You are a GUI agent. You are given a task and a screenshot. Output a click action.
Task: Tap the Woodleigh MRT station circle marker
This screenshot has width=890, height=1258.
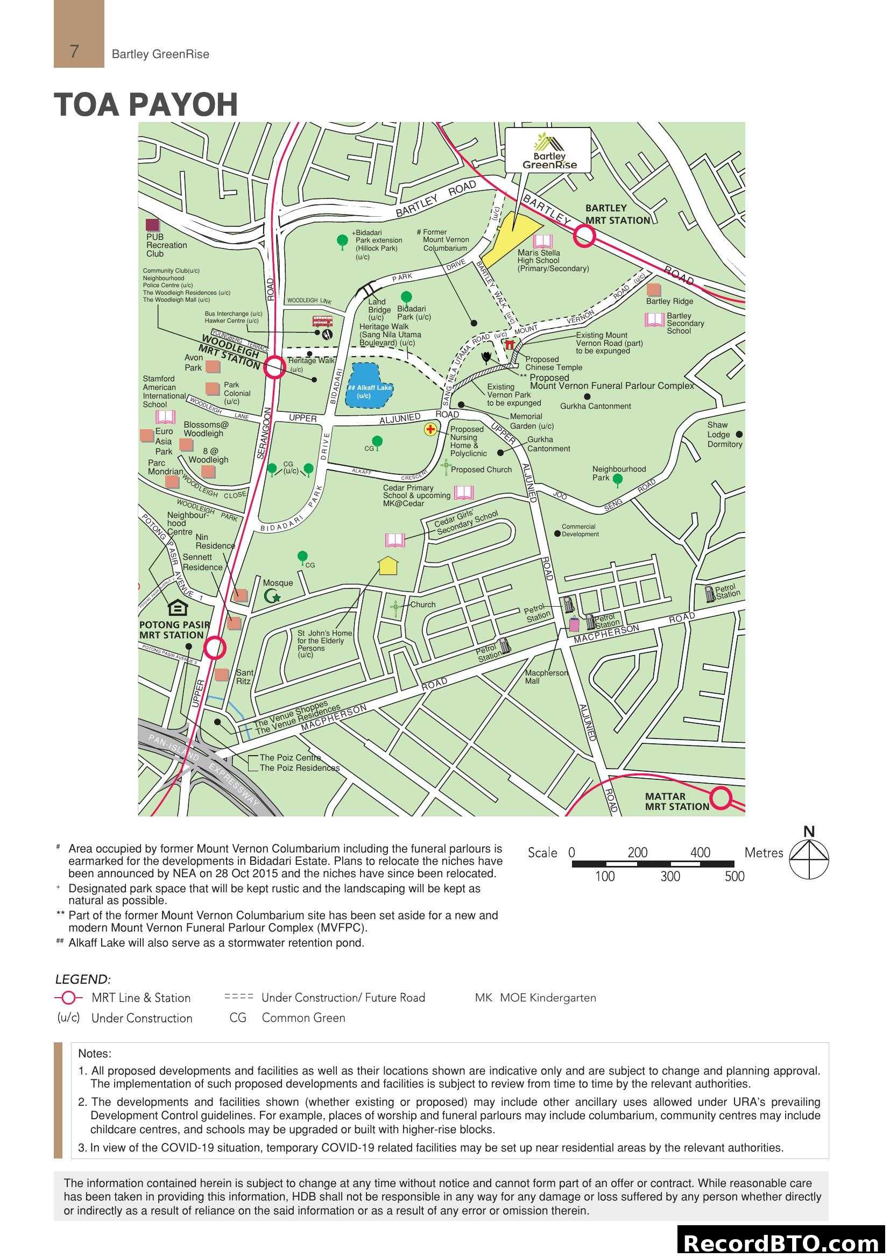pyautogui.click(x=274, y=368)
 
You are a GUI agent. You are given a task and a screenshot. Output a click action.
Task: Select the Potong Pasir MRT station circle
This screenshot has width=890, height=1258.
pyautogui.click(x=215, y=648)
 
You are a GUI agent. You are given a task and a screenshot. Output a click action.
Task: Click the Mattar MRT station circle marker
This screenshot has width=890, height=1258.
pyautogui.click(x=722, y=798)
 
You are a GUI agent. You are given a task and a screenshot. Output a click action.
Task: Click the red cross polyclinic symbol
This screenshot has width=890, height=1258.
pyautogui.click(x=430, y=430)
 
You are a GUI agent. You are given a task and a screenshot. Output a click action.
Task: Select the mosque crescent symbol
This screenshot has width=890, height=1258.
pyautogui.click(x=271, y=595)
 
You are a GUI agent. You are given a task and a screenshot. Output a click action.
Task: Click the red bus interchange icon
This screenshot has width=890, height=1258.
pyautogui.click(x=322, y=321)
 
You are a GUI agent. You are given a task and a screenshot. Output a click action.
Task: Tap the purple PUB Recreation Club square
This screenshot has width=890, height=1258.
pyautogui.click(x=152, y=225)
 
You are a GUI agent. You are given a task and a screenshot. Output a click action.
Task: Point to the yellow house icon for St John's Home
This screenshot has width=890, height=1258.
pyautogui.click(x=388, y=565)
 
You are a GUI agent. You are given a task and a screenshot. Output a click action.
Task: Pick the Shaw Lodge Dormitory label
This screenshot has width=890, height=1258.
pyautogui.click(x=724, y=434)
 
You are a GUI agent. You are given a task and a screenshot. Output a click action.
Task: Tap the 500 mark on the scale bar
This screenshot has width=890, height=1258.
pyautogui.click(x=734, y=877)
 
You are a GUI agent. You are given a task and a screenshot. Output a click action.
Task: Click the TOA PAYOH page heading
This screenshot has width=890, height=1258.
pyautogui.click(x=146, y=104)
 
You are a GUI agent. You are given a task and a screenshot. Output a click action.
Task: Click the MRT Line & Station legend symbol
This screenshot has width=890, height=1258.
pyautogui.click(x=68, y=998)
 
